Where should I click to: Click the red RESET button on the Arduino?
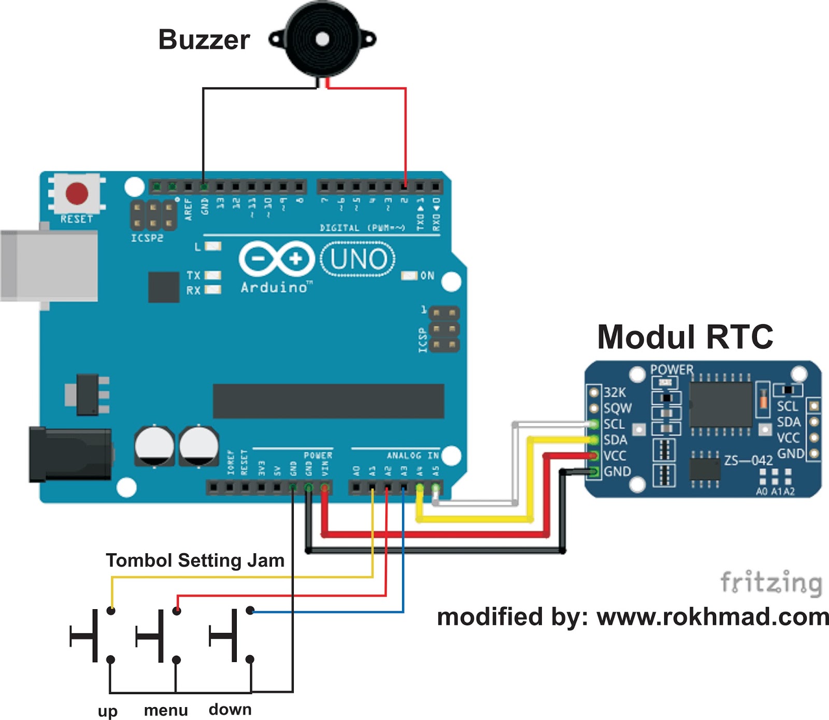point(77,193)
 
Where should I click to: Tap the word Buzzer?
point(204,40)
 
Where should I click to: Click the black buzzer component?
point(322,39)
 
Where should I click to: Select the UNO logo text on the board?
point(358,260)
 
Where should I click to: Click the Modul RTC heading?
point(684,337)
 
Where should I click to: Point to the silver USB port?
point(49,266)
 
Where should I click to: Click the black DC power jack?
point(70,454)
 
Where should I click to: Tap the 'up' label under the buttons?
point(107,711)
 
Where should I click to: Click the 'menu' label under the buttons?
point(166,710)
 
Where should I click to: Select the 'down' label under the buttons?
point(230,709)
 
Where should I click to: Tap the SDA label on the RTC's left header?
point(615,440)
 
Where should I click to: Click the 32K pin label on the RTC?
point(614,392)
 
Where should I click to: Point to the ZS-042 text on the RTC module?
point(748,460)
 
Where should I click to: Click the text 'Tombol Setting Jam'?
point(195,560)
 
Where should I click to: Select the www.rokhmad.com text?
point(712,617)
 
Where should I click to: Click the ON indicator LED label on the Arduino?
point(427,276)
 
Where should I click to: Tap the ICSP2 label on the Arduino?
point(147,238)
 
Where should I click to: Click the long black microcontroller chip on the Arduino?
point(328,401)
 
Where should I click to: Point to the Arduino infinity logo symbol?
point(277,258)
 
